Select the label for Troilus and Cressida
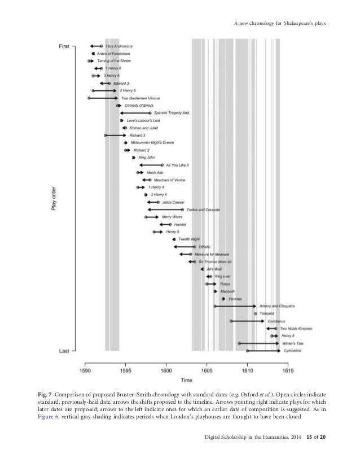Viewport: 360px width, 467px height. (x=203, y=210)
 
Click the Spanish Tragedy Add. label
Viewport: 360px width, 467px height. (x=172, y=113)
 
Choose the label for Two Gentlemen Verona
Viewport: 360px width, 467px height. (x=140, y=98)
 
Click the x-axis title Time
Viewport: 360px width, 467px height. (x=186, y=380)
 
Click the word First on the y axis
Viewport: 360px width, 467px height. (x=64, y=46)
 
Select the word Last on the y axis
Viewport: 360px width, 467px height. (x=64, y=351)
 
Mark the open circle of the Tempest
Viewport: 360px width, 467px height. (x=256, y=313)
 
